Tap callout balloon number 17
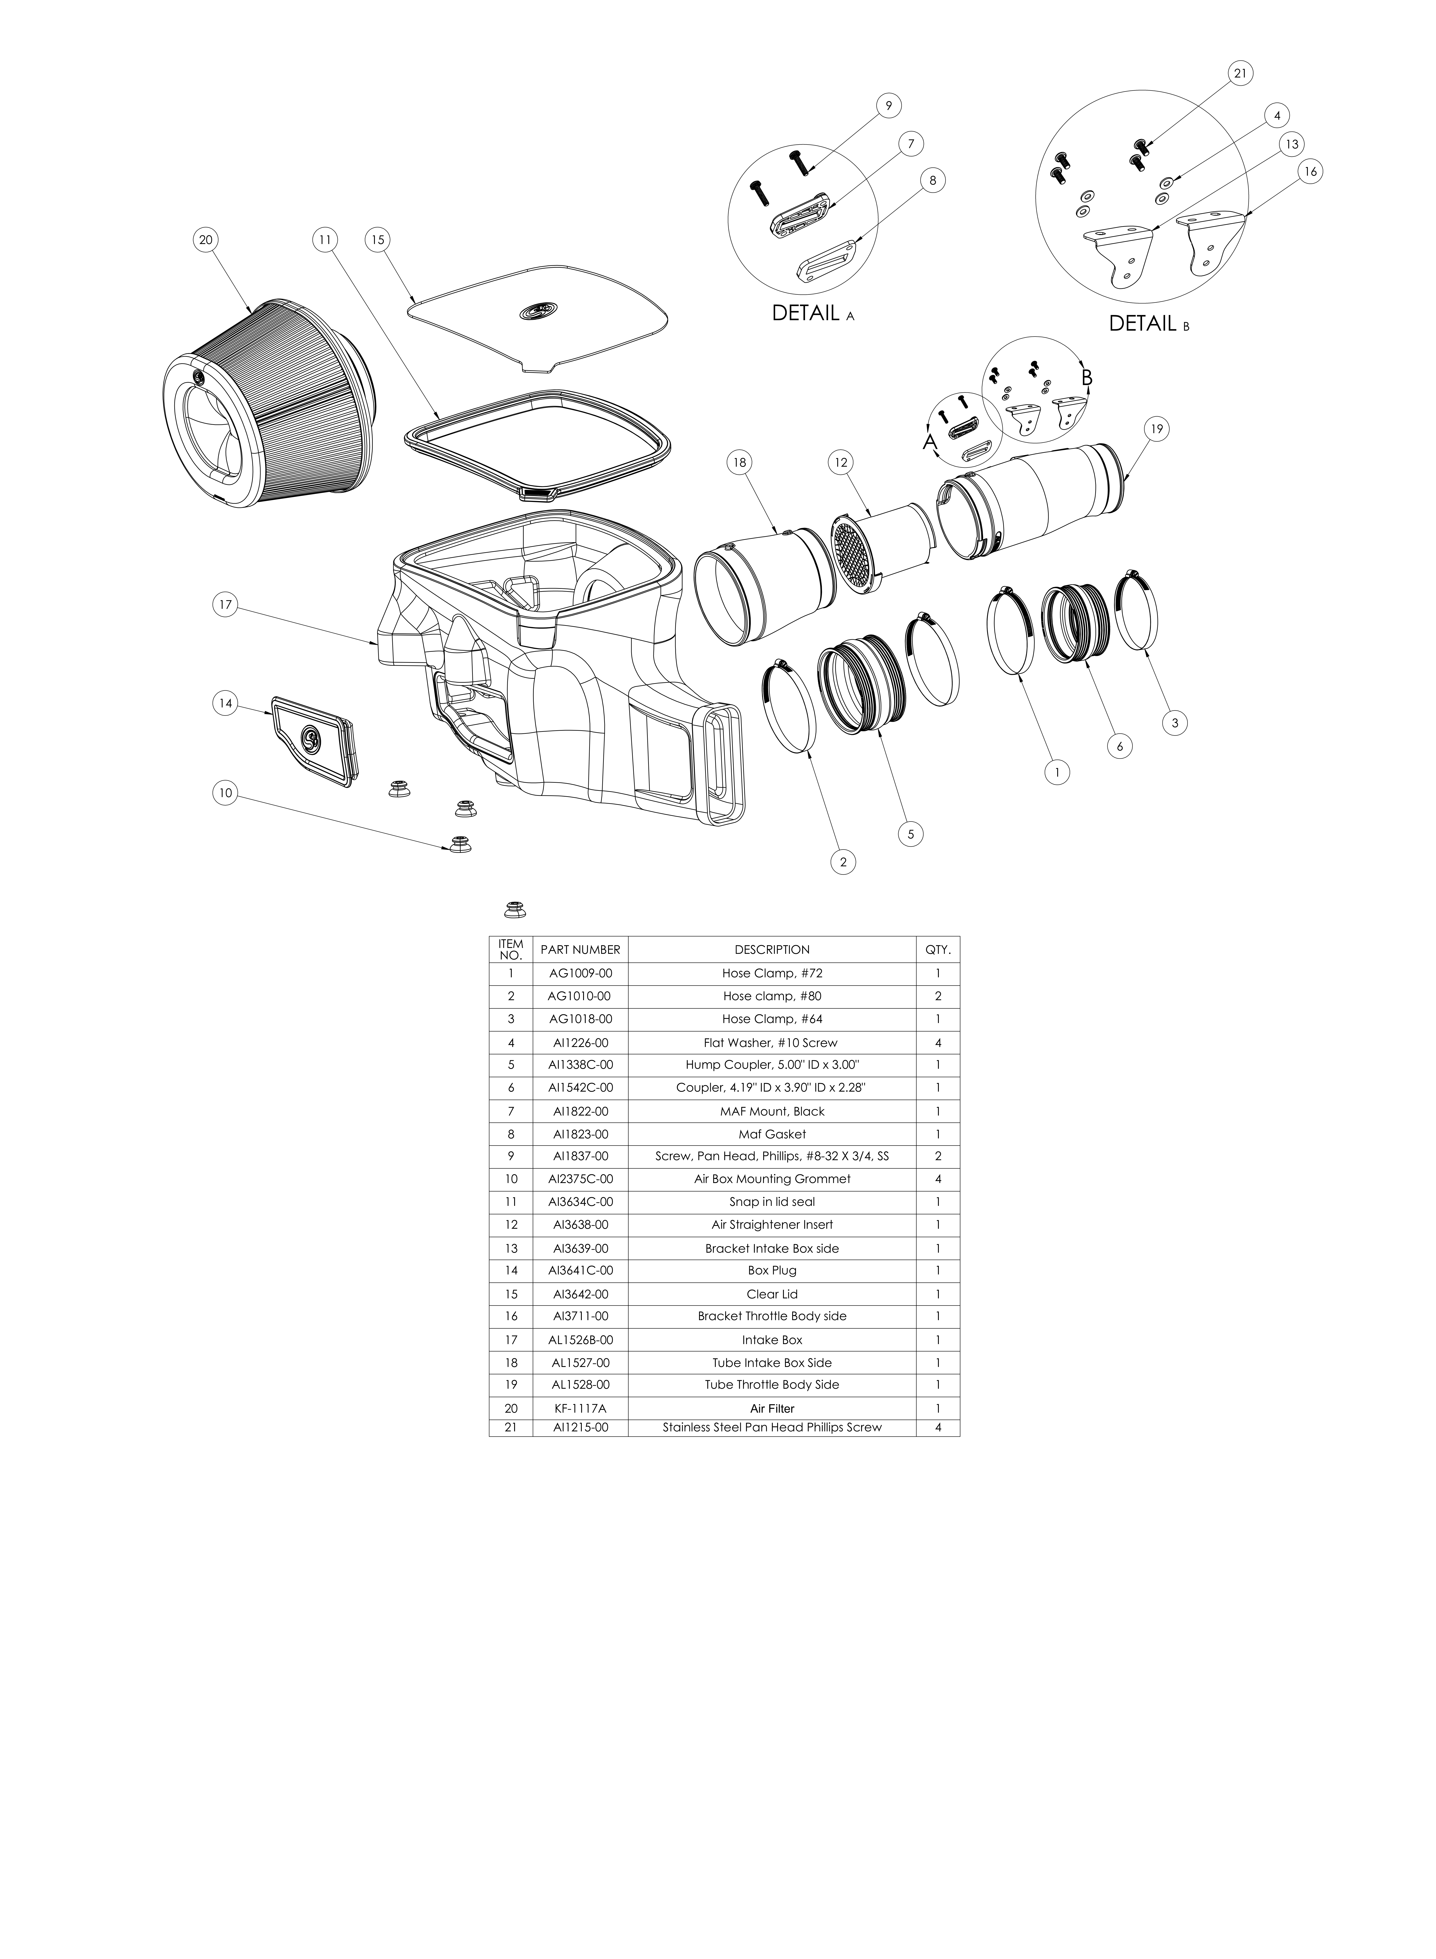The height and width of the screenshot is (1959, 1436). tap(225, 605)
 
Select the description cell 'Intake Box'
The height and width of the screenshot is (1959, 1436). tap(772, 1340)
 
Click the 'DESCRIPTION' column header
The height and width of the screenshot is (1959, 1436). tap(772, 949)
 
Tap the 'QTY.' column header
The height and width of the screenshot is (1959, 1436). tap(938, 949)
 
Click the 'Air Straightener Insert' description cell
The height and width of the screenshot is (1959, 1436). tap(772, 1225)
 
